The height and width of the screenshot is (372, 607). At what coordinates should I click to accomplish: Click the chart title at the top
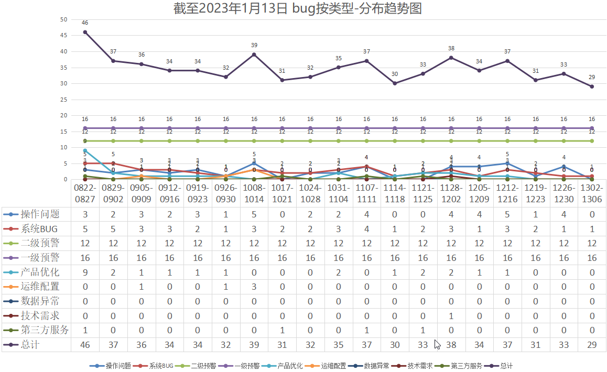[298, 8]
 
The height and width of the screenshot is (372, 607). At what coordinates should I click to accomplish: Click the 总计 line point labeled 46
[85, 32]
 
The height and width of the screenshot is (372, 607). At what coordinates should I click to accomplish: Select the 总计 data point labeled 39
[254, 54]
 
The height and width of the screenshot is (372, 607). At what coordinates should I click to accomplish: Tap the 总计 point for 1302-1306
[592, 86]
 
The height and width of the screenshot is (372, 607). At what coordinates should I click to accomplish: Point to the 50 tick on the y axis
[64, 19]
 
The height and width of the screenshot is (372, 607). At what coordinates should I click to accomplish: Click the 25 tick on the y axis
[64, 100]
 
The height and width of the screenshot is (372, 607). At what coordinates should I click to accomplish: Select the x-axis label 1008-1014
[254, 193]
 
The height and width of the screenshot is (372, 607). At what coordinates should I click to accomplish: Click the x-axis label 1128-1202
[451, 193]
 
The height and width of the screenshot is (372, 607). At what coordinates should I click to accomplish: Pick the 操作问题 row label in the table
[40, 214]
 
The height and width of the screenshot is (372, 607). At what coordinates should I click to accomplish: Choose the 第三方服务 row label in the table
[44, 330]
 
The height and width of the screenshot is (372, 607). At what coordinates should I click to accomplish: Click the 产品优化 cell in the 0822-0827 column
[85, 272]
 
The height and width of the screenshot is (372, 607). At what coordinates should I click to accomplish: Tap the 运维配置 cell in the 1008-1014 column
[254, 287]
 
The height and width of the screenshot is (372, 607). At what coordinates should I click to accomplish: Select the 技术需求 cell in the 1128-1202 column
[451, 316]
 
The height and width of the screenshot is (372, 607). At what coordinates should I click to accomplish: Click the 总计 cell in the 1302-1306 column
[592, 345]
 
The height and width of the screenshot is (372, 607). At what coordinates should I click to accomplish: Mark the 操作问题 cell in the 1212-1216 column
[507, 214]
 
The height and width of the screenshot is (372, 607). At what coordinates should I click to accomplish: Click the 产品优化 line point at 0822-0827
[85, 150]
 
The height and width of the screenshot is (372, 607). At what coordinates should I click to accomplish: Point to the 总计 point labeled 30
[395, 83]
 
